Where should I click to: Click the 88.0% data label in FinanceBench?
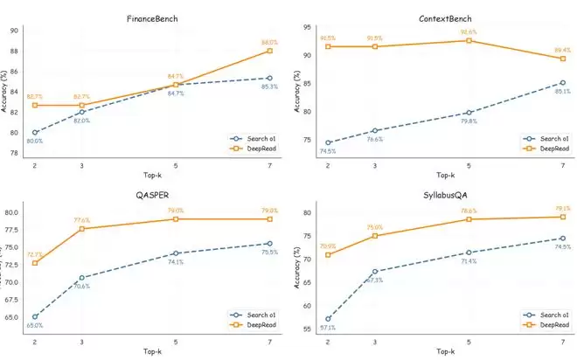(268, 41)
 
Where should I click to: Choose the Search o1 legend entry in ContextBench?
(546, 138)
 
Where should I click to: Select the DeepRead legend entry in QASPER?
(253, 324)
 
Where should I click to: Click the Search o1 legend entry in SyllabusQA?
(546, 315)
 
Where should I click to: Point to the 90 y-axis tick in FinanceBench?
(13, 31)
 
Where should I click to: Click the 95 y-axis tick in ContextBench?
(307, 27)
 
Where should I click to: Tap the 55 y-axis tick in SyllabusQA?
(307, 329)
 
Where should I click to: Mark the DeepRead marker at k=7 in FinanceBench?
(269, 51)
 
